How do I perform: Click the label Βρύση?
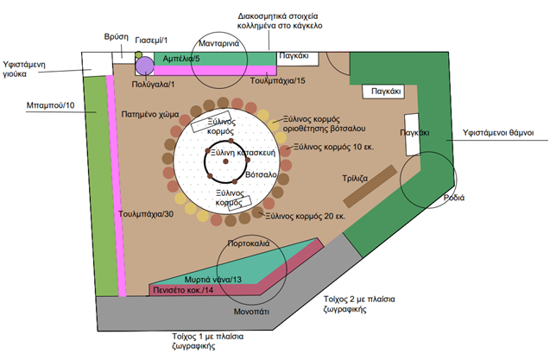[116, 39]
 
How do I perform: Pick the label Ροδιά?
[454, 198]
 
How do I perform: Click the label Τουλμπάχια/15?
[277, 80]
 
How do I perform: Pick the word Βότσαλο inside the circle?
[260, 175]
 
